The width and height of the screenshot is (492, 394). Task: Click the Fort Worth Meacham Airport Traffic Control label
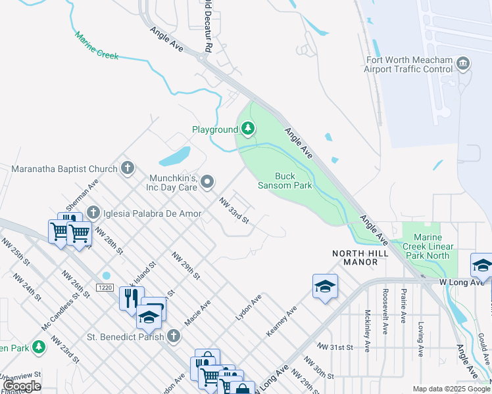410,64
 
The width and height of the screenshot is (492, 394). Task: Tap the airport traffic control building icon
463,63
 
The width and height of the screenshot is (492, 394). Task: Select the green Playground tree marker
248,129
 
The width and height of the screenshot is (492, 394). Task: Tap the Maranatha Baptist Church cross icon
128,168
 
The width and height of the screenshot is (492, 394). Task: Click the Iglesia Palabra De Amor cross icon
93,213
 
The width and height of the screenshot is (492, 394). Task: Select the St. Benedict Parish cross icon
174,337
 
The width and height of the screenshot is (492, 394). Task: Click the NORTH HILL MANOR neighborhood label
355,257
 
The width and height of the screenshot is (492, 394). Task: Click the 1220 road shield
104,288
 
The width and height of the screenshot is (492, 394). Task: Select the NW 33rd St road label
234,211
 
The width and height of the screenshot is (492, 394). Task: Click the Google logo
21,386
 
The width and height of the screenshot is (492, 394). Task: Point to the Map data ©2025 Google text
451,389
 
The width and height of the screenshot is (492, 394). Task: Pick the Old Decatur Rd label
207,26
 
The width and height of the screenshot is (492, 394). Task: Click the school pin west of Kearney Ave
325,286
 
